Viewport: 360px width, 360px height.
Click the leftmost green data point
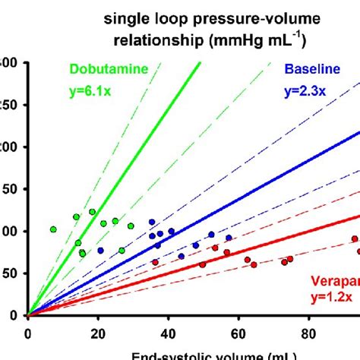coord(53,229)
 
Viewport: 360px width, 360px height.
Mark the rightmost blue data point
coord(229,238)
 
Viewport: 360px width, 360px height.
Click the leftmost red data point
coord(155,262)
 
